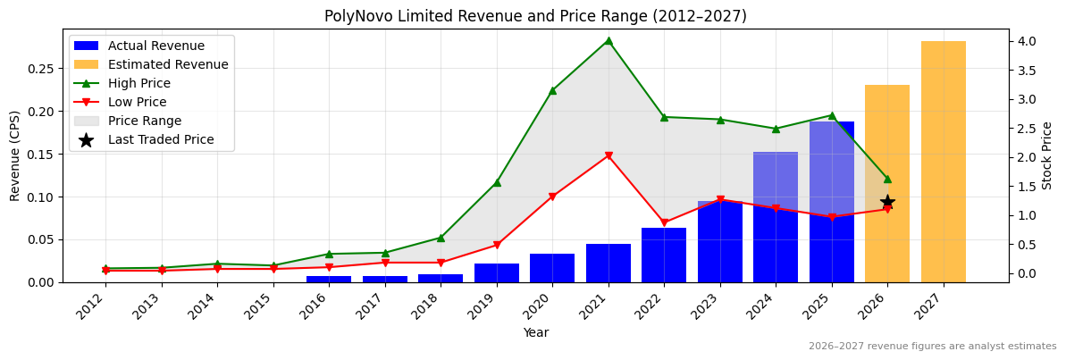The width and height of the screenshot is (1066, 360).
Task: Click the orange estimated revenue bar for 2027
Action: [x=943, y=162]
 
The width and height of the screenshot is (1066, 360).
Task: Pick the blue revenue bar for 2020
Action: [x=552, y=268]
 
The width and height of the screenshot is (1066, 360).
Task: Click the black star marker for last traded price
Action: [x=887, y=202]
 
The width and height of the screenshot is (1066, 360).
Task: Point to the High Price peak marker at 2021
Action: [x=609, y=40]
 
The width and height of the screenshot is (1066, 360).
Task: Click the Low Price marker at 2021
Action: [x=609, y=156]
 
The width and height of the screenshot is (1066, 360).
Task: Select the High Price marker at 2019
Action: [x=497, y=182]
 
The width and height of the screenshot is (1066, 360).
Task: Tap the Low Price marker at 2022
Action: [x=664, y=223]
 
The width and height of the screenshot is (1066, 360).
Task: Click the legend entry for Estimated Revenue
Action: [x=167, y=64]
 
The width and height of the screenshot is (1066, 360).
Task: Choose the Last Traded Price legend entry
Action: [x=160, y=139]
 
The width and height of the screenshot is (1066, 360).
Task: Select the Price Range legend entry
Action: [x=144, y=121]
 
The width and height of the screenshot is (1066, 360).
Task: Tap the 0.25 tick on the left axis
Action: [x=41, y=69]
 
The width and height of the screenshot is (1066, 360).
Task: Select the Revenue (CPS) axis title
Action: [x=15, y=155]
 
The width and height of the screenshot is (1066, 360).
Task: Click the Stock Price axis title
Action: [x=1047, y=155]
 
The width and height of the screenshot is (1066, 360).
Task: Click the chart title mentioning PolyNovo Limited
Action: [x=535, y=16]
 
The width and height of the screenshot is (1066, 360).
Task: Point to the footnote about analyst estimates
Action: [x=932, y=347]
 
